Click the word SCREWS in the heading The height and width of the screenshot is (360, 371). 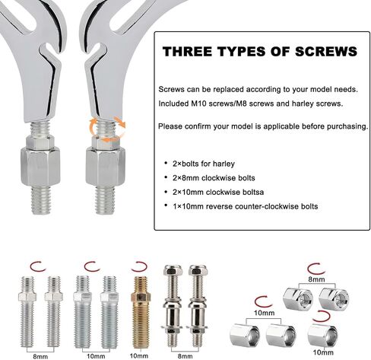pos(326,52)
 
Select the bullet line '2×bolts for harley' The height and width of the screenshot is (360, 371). pos(204,164)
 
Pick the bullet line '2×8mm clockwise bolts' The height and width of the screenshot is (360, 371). pos(214,178)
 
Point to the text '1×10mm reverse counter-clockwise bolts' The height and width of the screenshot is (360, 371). pos(245,206)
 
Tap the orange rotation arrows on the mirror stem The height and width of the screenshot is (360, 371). pos(107,129)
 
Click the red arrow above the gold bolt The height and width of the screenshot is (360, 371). pos(139,266)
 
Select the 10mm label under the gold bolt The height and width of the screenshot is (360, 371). pos(138,355)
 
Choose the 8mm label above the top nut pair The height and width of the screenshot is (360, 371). pos(316,279)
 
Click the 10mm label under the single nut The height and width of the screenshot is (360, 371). pos(323,352)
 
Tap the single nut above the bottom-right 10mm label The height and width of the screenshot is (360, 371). pos(322,335)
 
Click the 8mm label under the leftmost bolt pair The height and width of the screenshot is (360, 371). pos(40,356)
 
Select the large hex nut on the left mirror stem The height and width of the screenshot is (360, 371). pos(40,167)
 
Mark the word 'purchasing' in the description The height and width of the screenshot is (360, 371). pos(347,126)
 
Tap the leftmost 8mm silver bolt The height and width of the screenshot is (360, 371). pos(27,312)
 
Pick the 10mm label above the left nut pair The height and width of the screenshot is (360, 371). pos(265,313)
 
